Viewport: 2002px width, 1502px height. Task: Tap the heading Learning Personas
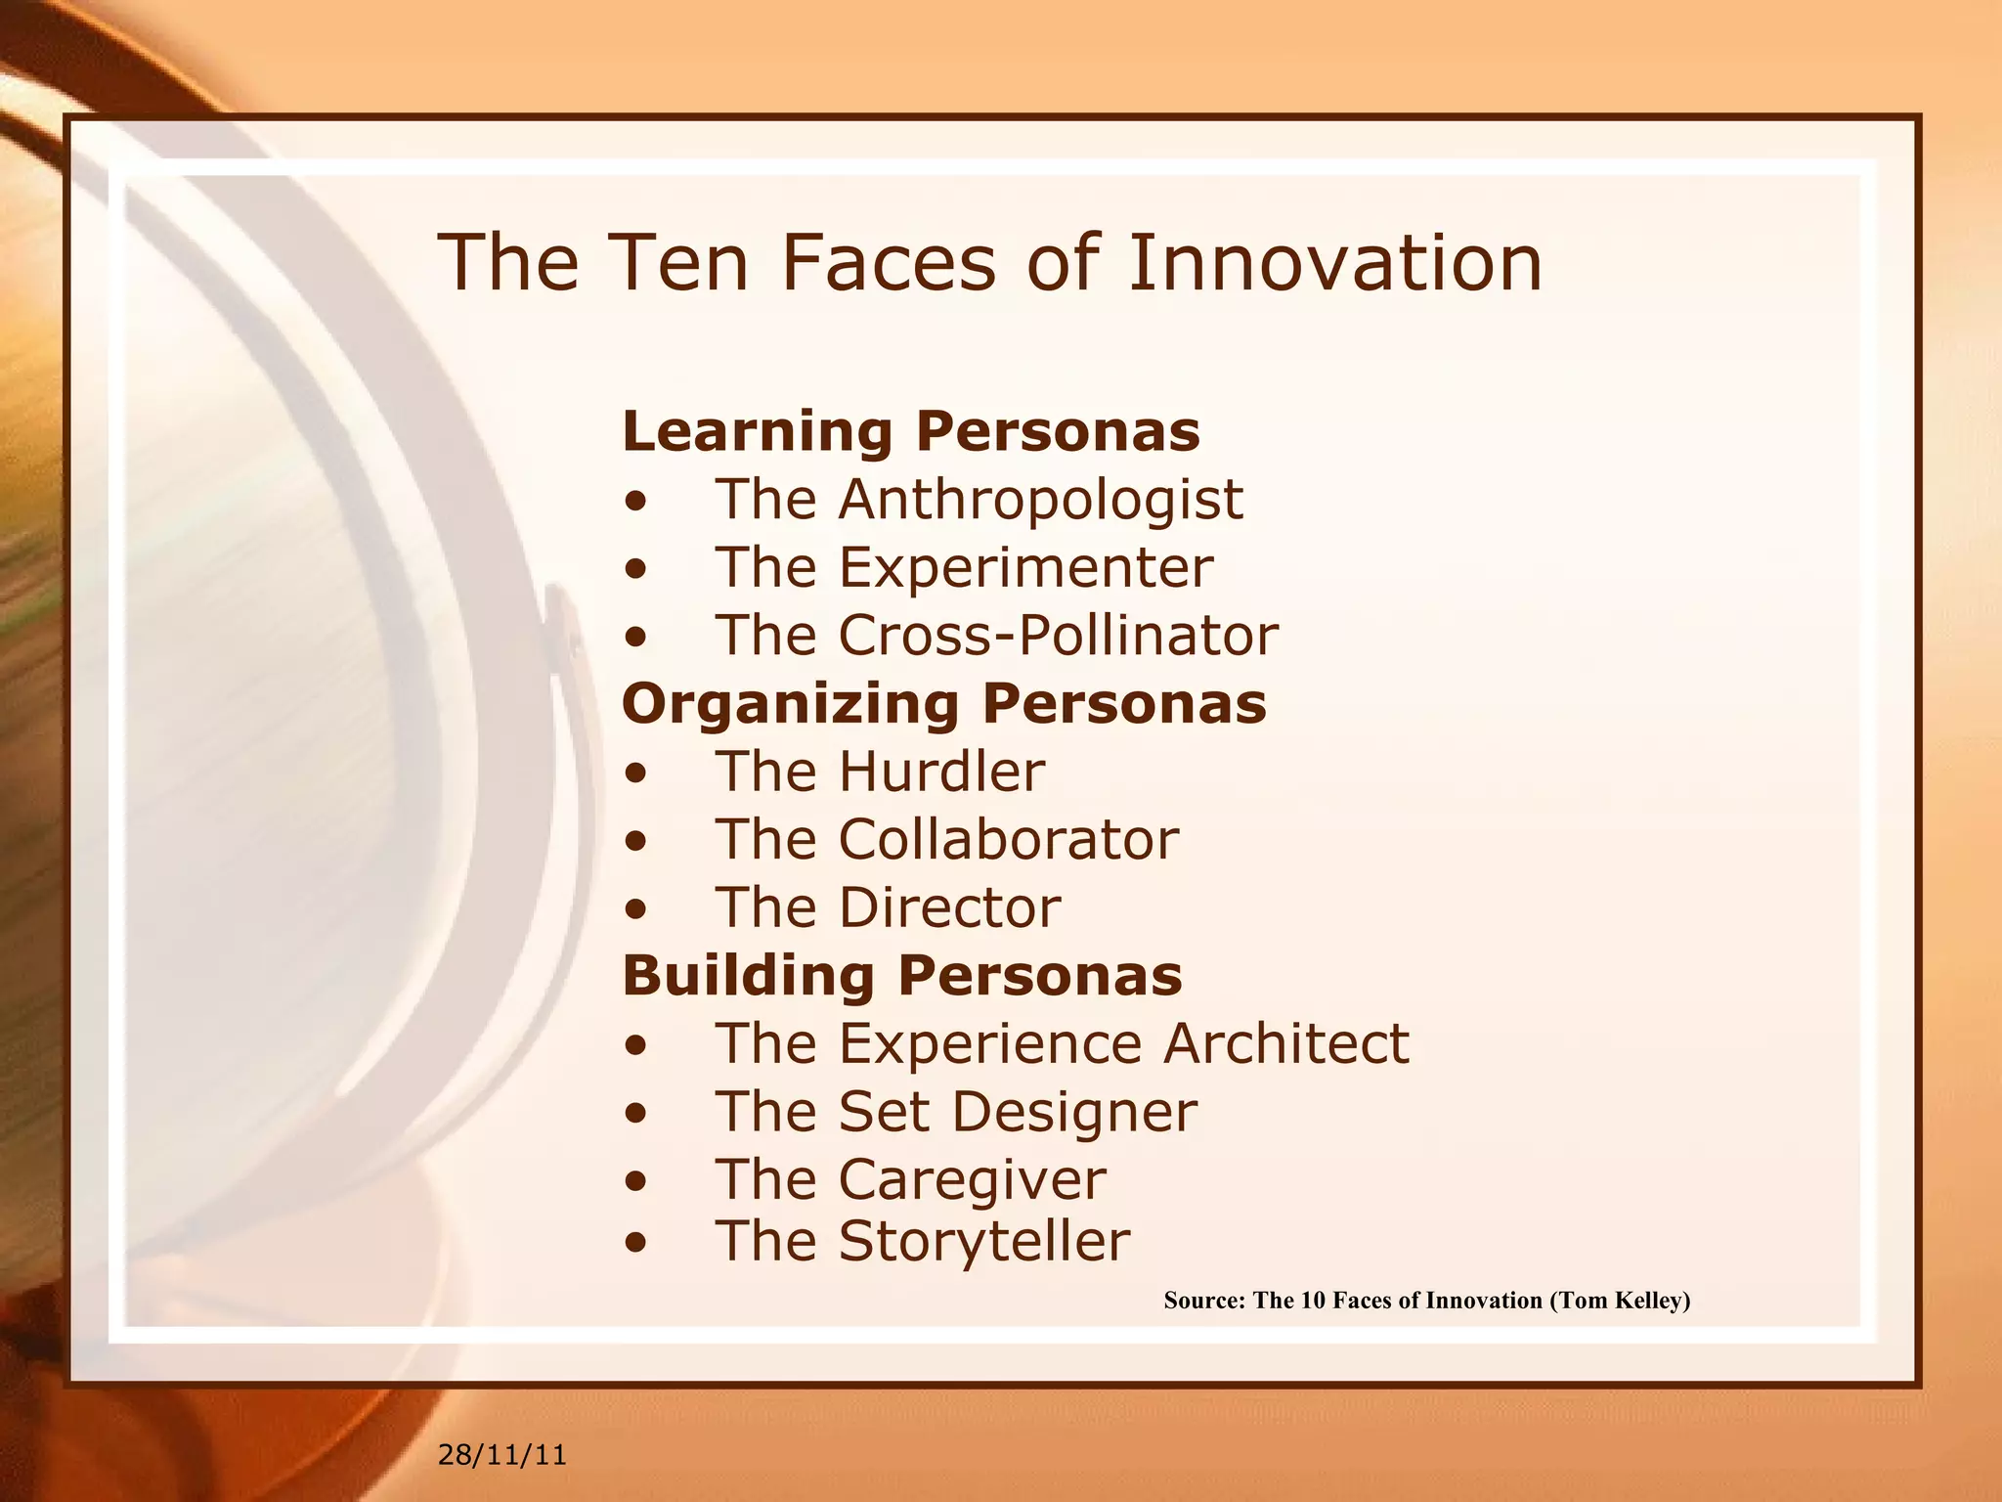click(911, 431)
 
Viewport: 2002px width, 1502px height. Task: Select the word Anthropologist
click(1041, 500)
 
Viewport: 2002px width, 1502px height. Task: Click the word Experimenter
click(1026, 567)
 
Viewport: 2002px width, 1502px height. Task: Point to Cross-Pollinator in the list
click(1059, 636)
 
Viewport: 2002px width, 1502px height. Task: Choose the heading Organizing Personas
click(944, 704)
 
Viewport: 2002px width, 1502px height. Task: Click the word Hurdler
click(942, 772)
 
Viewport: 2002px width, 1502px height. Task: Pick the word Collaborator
click(1009, 840)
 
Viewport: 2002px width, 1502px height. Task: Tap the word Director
click(949, 907)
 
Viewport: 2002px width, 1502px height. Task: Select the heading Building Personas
click(902, 976)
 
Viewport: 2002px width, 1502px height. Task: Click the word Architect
click(1286, 1043)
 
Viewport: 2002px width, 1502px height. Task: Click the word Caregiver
click(973, 1179)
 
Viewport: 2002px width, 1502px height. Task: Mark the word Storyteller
click(984, 1242)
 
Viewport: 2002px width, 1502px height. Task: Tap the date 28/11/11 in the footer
click(502, 1455)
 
